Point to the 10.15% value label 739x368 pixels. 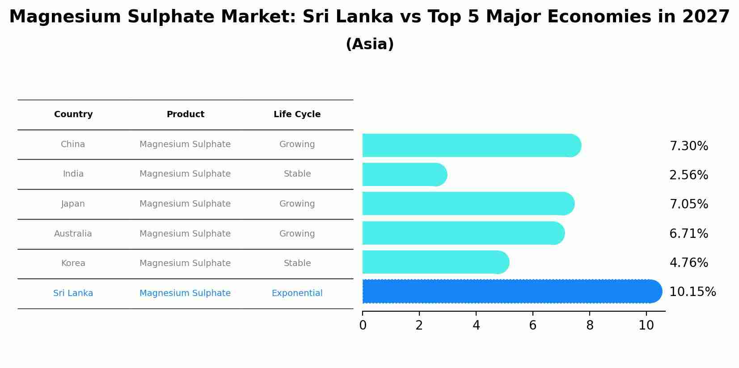coord(692,292)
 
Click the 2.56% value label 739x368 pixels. coord(688,175)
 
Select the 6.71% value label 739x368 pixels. coord(688,234)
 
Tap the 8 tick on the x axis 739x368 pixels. coord(590,326)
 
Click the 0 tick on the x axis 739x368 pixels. coord(363,326)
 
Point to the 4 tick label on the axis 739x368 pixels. coord(476,326)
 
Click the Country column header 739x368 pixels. coord(73,114)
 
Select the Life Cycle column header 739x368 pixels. coord(297,114)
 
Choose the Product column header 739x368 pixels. coord(185,114)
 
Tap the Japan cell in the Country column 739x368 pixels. coord(73,204)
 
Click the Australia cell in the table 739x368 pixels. coord(73,234)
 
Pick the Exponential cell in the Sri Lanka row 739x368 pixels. coord(297,293)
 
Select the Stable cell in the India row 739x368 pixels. coord(297,174)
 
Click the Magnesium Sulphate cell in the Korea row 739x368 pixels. coord(185,263)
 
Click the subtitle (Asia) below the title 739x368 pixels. coord(370,44)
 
